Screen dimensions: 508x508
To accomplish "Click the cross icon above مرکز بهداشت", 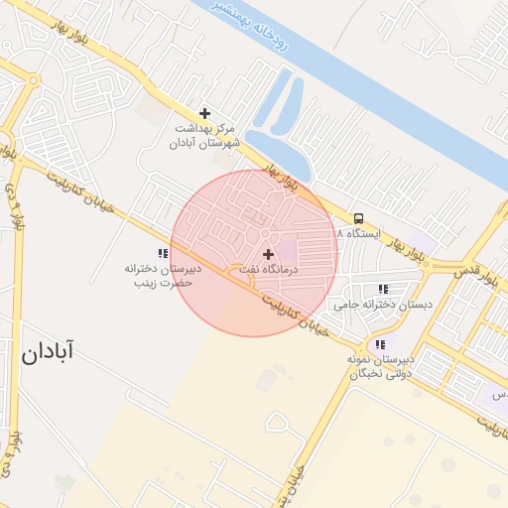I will pyautogui.click(x=204, y=113).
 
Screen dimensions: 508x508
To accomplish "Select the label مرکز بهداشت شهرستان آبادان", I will pyautogui.click(x=205, y=136).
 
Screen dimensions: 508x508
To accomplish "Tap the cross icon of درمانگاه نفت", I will pyautogui.click(x=268, y=255).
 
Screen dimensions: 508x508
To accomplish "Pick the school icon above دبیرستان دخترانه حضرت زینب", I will pyautogui.click(x=163, y=254).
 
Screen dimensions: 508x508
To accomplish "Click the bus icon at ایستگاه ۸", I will pyautogui.click(x=358, y=218).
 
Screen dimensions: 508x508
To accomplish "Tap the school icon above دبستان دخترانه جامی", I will pyautogui.click(x=383, y=290).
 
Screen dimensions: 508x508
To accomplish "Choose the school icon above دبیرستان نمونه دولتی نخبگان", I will pyautogui.click(x=380, y=343).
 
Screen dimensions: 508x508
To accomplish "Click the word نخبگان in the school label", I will pyautogui.click(x=365, y=374).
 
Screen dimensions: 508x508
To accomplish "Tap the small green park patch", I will pyautogui.click(x=64, y=483).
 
